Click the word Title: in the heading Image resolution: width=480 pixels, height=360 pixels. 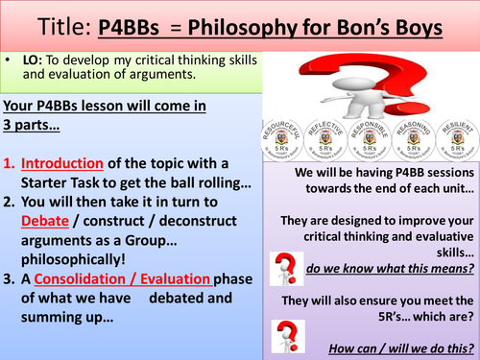pyautogui.click(x=47, y=23)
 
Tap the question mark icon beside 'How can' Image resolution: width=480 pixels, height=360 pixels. pyautogui.click(x=282, y=332)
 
